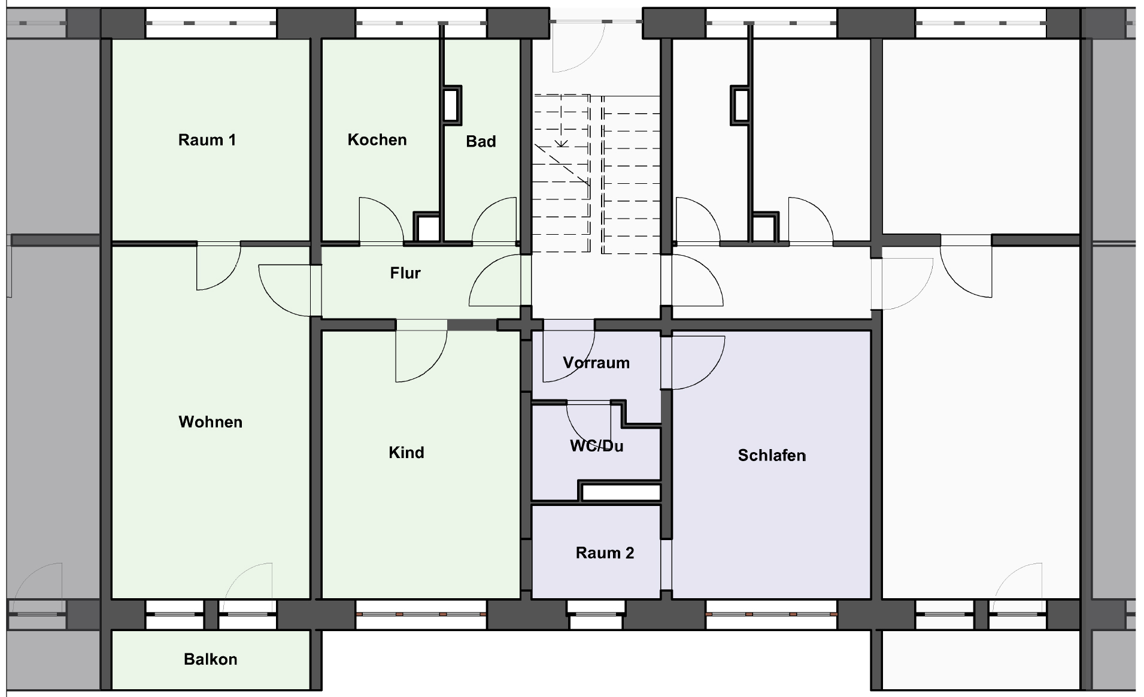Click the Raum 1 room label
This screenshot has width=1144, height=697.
click(x=207, y=140)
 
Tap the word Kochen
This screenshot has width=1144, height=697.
click(x=377, y=140)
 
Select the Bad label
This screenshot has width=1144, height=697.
click(x=481, y=141)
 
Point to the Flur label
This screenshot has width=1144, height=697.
click(x=405, y=273)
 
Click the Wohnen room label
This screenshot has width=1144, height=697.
click(x=211, y=422)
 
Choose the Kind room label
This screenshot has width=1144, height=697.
click(x=406, y=452)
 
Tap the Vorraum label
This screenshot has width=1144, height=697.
click(x=596, y=362)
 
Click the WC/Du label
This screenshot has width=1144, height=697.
click(x=597, y=446)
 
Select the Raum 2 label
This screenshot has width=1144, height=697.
click(x=605, y=553)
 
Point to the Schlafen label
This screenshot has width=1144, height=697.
click(x=772, y=455)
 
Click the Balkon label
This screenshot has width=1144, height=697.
click(x=211, y=659)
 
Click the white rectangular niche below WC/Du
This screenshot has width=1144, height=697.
click(x=621, y=493)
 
